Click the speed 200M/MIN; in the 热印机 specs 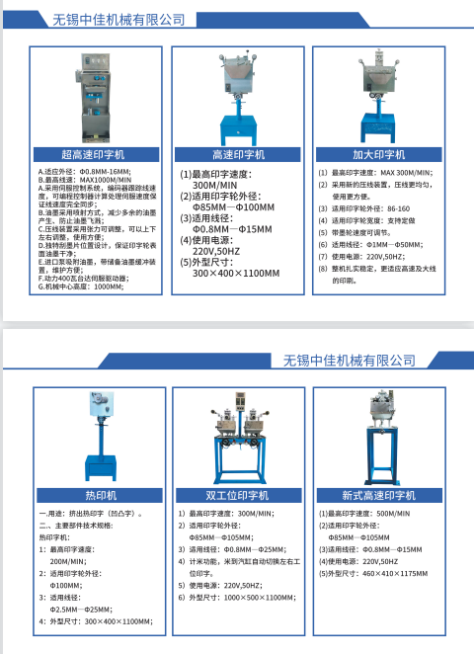pyautogui.click(x=69, y=560)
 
